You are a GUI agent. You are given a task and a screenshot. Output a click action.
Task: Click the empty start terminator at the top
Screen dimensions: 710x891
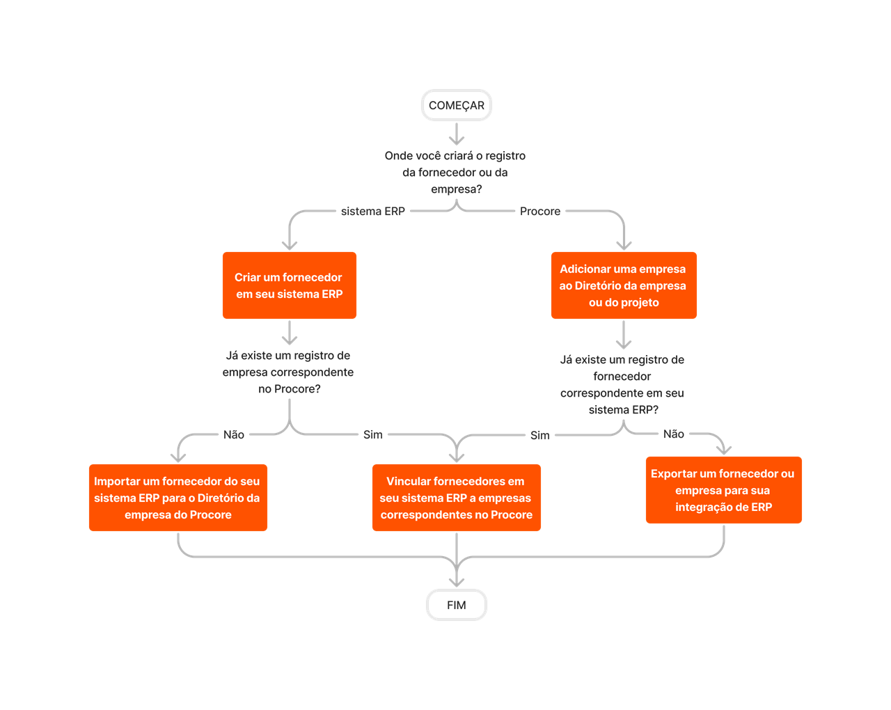[x=457, y=106]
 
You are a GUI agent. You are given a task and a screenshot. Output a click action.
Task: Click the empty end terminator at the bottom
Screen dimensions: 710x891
[x=457, y=605]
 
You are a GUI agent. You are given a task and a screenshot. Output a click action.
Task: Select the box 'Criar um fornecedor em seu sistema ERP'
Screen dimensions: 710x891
[x=290, y=285]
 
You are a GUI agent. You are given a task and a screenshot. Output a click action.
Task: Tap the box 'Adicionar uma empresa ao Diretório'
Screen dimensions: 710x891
[x=624, y=285]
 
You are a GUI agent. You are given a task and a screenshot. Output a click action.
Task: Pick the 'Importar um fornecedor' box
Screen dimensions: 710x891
[x=178, y=498]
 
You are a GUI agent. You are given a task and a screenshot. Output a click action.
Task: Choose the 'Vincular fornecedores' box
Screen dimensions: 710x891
[x=457, y=498]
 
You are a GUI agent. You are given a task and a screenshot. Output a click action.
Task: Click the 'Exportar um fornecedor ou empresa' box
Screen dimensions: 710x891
[x=723, y=490]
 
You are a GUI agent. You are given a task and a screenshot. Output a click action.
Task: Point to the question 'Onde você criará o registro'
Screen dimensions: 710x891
[x=455, y=173]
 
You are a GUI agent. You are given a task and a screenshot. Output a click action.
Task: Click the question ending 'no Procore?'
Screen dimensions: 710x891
[x=288, y=372]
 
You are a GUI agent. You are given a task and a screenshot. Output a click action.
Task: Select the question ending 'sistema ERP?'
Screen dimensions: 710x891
[x=622, y=385]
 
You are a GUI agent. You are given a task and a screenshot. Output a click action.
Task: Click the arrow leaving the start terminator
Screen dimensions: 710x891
[x=457, y=134]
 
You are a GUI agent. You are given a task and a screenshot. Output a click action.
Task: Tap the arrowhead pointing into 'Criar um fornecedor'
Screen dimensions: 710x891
[x=290, y=244]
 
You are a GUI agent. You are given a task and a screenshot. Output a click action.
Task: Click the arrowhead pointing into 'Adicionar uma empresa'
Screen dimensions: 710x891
[x=624, y=244]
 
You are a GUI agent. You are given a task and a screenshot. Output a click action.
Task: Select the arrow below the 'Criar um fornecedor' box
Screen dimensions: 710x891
[x=290, y=333]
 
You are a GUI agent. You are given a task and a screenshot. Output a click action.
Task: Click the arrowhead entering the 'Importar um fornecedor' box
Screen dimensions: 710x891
[x=178, y=457]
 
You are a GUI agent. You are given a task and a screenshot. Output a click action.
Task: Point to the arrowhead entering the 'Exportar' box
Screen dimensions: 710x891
[x=725, y=449]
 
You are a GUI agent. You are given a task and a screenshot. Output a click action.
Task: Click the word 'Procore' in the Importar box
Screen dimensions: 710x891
[x=210, y=515]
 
